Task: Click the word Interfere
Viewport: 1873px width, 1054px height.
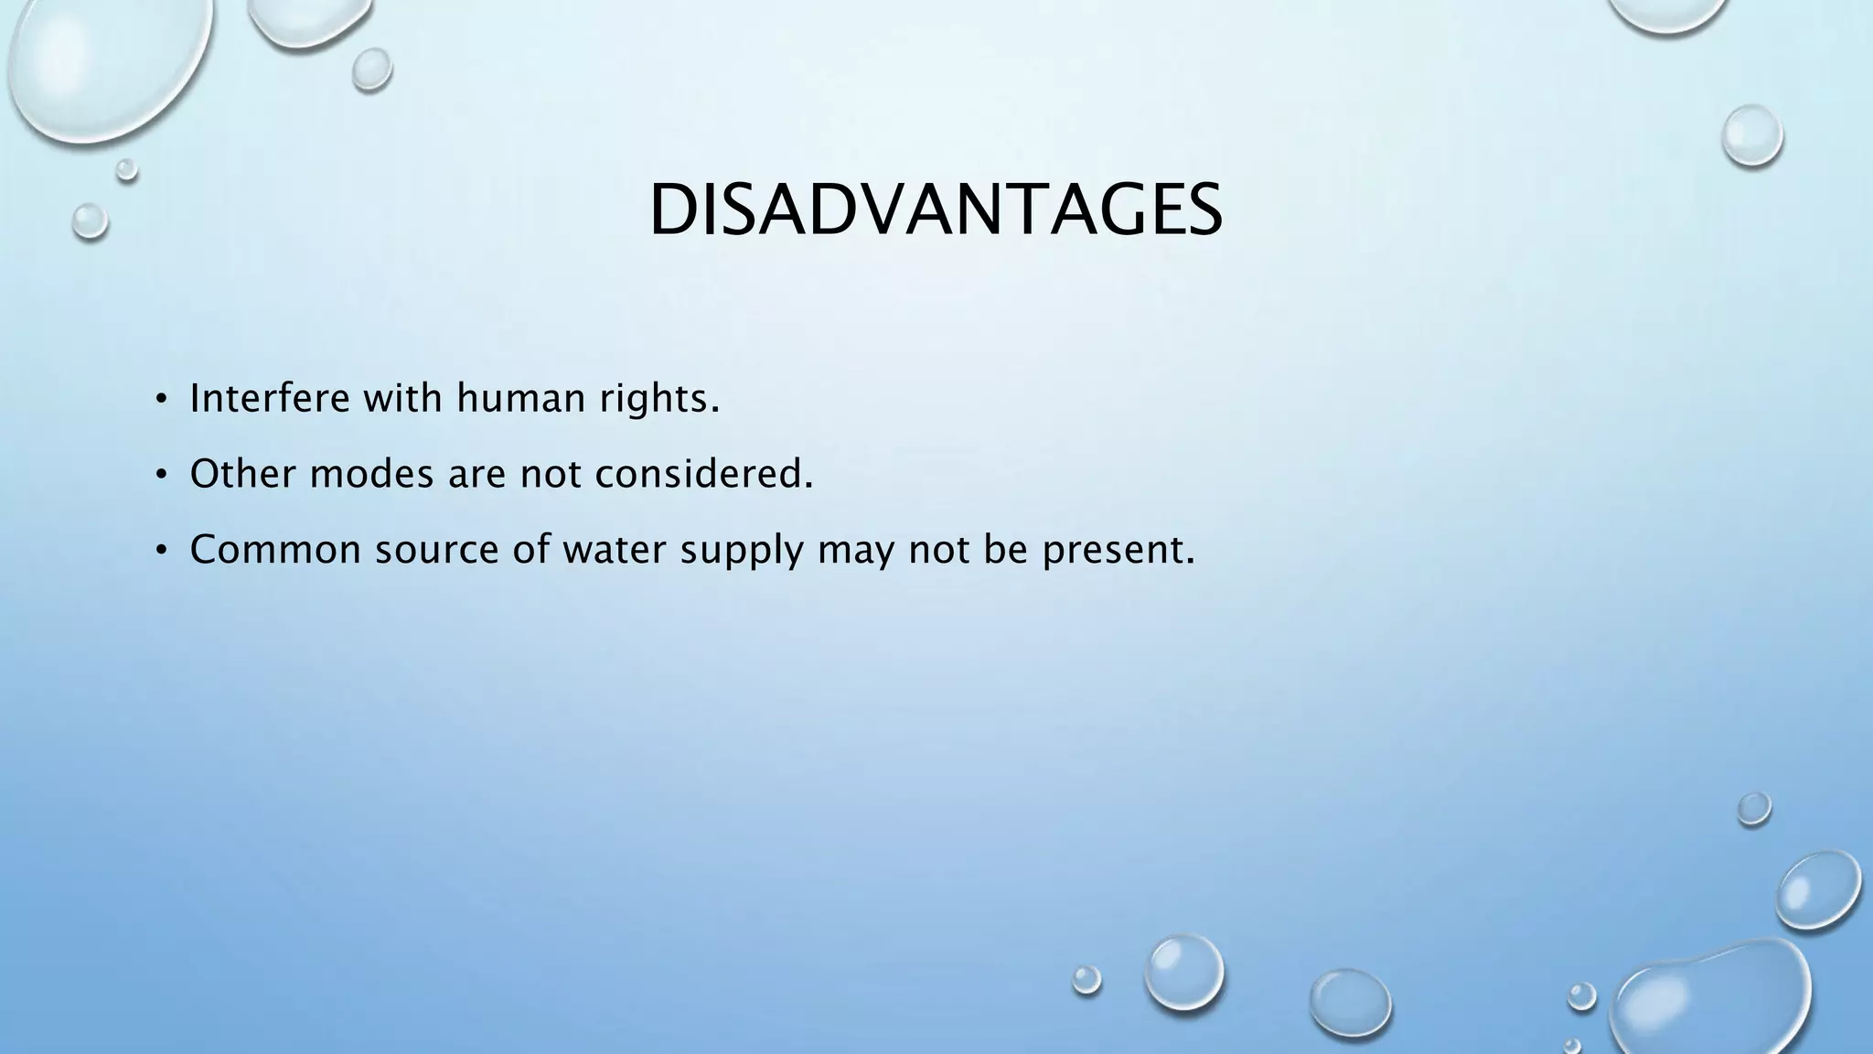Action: coord(270,398)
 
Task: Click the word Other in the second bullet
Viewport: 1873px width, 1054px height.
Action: coord(242,474)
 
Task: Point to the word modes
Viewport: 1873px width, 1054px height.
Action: coord(371,474)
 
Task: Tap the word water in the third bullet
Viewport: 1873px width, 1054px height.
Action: coord(614,550)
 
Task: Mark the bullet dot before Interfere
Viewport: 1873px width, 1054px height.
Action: coord(160,399)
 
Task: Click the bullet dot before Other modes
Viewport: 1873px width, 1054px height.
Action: coord(160,475)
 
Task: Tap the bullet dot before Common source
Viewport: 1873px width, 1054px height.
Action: coord(160,551)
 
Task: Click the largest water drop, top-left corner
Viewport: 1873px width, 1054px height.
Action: coord(105,64)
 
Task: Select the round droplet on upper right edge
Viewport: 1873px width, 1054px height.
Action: coord(1751,135)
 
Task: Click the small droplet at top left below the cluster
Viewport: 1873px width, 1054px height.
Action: coord(90,220)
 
